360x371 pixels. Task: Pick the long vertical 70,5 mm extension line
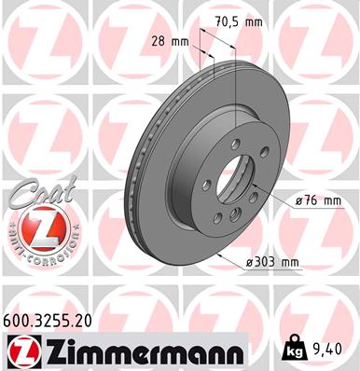point(238,84)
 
